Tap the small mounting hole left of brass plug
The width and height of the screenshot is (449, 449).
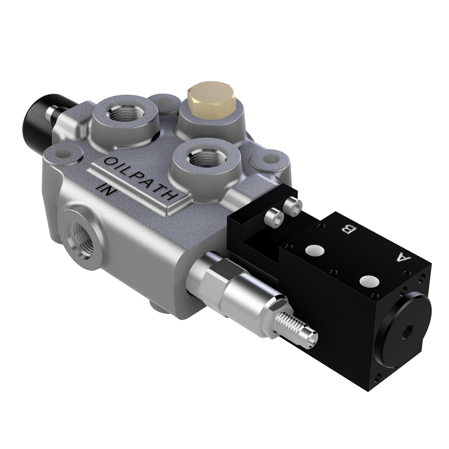point(165,101)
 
